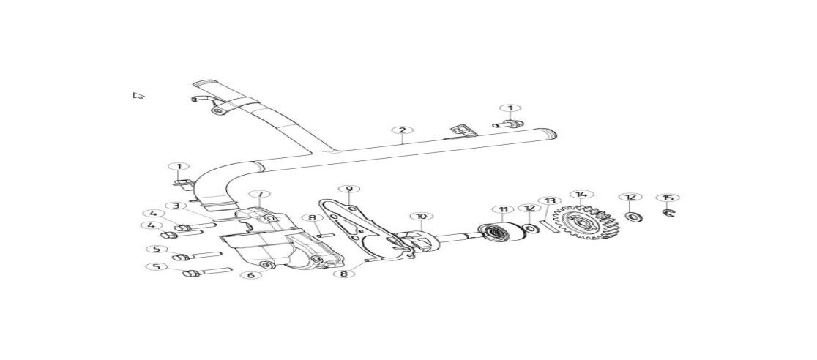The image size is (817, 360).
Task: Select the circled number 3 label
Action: (176, 206)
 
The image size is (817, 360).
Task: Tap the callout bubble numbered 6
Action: (250, 274)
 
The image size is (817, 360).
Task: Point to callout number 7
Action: (259, 195)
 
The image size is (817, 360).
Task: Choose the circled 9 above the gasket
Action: (348, 189)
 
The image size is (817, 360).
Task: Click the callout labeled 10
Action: (422, 216)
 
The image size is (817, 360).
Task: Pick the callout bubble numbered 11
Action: (503, 210)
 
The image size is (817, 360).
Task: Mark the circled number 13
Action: (550, 200)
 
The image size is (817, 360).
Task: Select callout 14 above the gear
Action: (581, 195)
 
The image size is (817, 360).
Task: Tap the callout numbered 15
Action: (668, 198)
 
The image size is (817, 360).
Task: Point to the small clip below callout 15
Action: (668, 212)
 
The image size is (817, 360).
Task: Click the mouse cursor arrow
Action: (138, 95)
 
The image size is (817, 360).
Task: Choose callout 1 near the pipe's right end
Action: (510, 108)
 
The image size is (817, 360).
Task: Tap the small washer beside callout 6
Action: (267, 266)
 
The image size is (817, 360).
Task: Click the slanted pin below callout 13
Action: (549, 227)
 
